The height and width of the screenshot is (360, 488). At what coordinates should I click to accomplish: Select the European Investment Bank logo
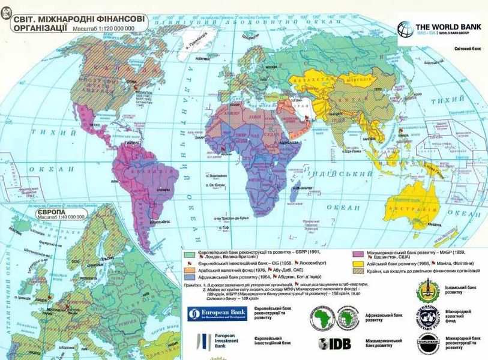click(x=212, y=342)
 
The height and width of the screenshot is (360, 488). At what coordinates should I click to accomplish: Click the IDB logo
click(x=334, y=344)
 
